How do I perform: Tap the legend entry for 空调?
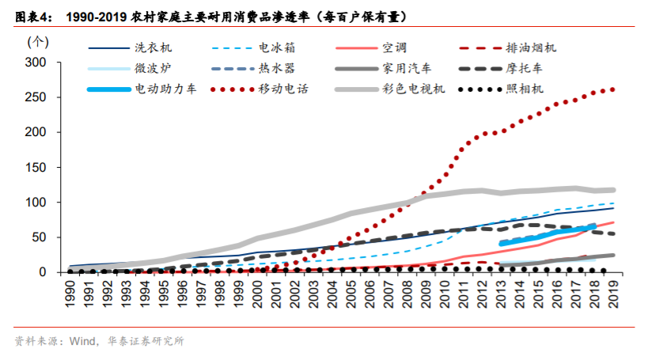[392, 48]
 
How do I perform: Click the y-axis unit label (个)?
[36, 40]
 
